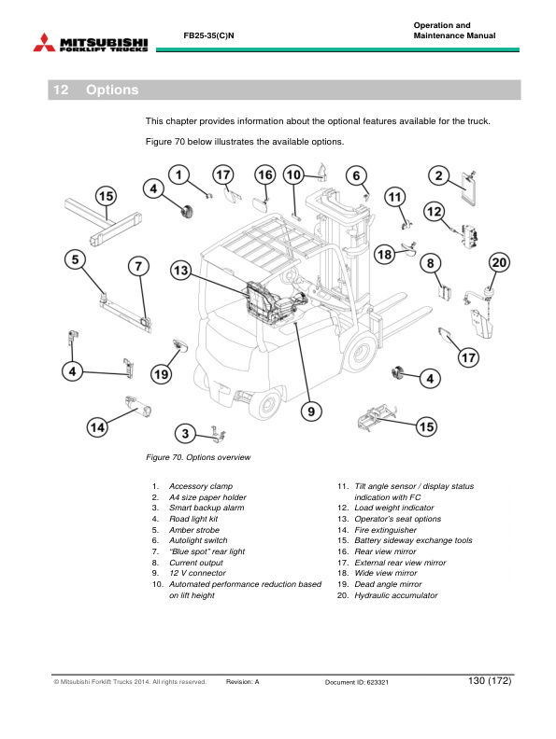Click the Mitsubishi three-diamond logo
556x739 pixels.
point(44,42)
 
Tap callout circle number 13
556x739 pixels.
point(180,271)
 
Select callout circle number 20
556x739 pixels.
point(499,262)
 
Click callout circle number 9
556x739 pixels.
point(311,411)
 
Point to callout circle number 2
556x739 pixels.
point(438,175)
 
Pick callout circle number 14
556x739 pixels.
point(97,427)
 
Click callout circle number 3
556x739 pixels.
point(185,434)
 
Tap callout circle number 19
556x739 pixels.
point(161,374)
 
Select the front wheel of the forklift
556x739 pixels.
point(360,351)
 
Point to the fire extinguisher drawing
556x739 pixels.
point(137,406)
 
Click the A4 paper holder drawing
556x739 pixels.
point(469,188)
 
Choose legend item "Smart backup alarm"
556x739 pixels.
point(207,508)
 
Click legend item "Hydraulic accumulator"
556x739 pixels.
point(396,595)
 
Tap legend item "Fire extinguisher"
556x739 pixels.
point(386,530)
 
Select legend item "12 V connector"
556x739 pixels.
point(197,573)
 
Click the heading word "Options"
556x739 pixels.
point(112,90)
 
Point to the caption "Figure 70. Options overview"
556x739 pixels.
point(198,457)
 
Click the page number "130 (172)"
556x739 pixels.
point(490,680)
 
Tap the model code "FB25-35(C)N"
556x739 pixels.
point(208,35)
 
